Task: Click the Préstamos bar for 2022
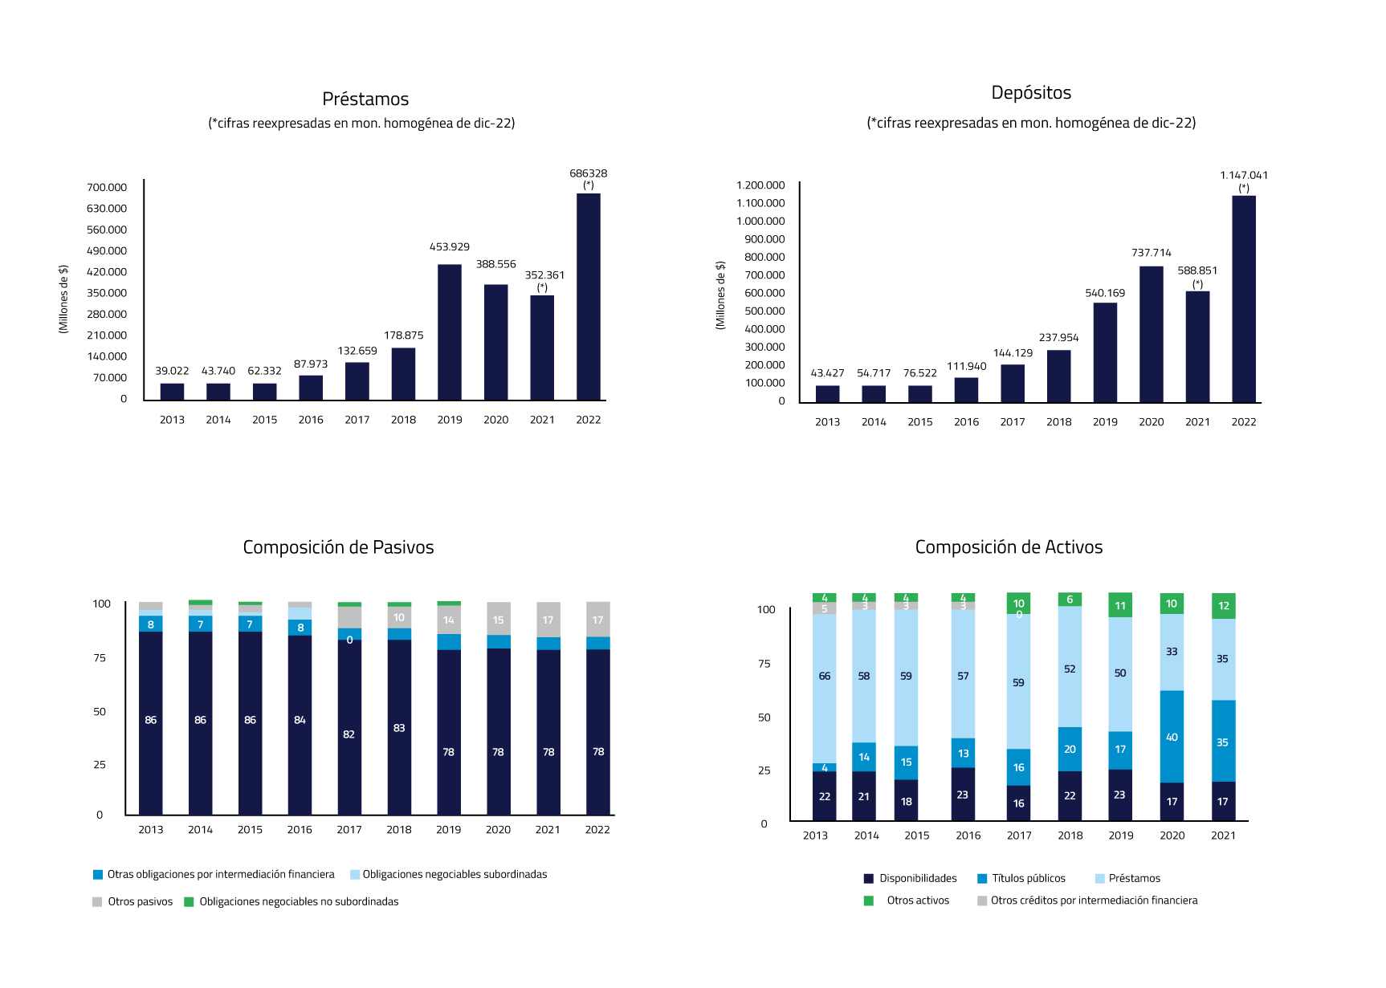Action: tap(588, 297)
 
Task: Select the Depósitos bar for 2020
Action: tap(1151, 334)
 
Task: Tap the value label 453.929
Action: tap(450, 247)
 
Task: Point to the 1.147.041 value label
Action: tap(1244, 176)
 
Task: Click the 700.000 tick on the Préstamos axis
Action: tap(107, 188)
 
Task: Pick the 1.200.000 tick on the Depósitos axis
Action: tap(760, 185)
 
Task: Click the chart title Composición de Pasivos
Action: tap(338, 547)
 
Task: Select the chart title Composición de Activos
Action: tap(1009, 547)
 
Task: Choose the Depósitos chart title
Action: tap(1031, 93)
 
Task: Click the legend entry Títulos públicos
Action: tap(1028, 879)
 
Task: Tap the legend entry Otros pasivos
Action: tap(140, 902)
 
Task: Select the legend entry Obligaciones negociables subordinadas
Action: tap(454, 875)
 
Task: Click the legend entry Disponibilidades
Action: tap(917, 879)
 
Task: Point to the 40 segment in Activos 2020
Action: tap(1172, 737)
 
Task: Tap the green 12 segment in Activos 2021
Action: tap(1223, 606)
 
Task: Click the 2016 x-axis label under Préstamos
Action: tap(311, 420)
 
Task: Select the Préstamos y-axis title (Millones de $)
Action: tap(63, 299)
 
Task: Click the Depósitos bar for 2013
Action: tap(827, 394)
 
